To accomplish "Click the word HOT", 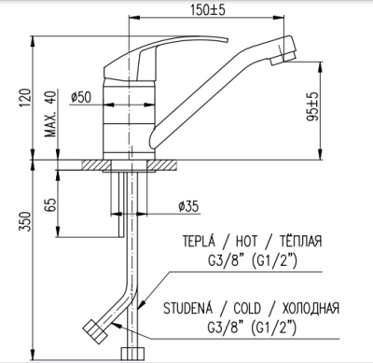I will click(x=239, y=241).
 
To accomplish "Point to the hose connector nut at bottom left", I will click(x=96, y=331).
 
